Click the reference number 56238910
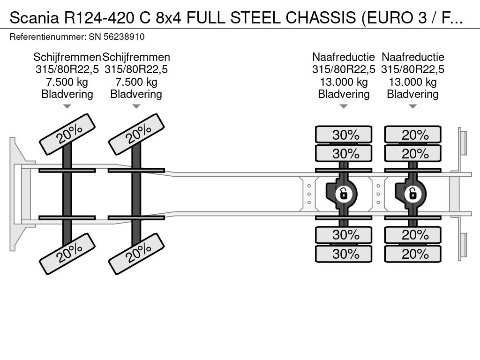124,37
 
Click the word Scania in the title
34,18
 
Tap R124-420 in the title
99,18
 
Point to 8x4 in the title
168,18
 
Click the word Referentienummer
48,37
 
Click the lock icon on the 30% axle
344,194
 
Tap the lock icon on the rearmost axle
412,194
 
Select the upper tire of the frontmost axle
67,134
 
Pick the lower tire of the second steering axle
136,254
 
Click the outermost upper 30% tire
344,135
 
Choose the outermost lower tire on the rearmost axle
412,254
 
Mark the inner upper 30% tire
344,153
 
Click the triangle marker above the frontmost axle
67,106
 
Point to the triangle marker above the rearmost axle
412,106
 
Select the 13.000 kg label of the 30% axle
344,82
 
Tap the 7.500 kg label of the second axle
136,82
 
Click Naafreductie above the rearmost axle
412,57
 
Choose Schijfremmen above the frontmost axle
67,57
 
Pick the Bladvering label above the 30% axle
344,94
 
